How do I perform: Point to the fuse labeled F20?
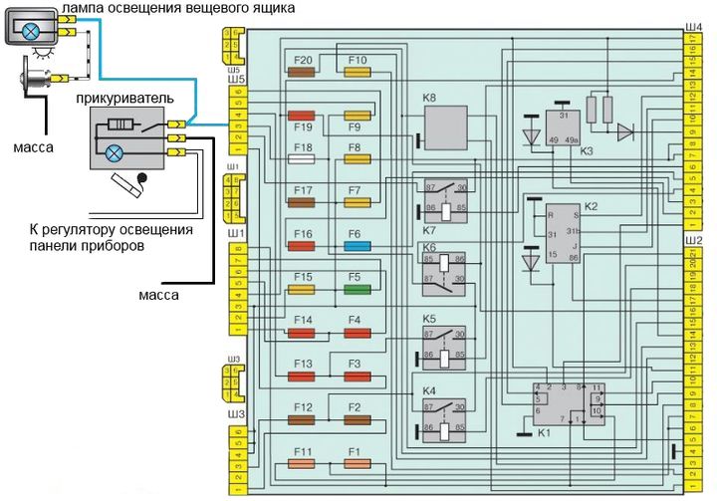(302, 73)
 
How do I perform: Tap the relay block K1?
(569, 404)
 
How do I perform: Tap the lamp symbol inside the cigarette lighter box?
(114, 152)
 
